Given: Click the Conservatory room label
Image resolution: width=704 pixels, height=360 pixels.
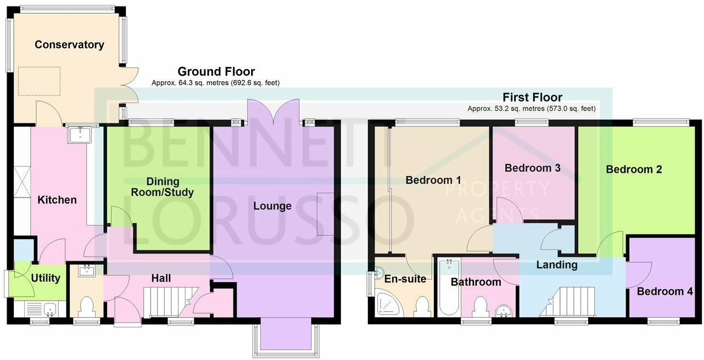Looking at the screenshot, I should (69, 45).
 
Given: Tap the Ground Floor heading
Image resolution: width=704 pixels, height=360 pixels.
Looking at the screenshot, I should (216, 71).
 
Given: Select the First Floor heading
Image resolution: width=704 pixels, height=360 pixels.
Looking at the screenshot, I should (532, 98).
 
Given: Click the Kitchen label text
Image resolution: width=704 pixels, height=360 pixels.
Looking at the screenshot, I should (57, 200).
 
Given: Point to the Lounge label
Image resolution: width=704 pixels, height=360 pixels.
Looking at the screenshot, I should (272, 206).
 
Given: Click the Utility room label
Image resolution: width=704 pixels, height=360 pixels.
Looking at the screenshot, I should (46, 278).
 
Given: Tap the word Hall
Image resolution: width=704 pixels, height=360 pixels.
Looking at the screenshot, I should (161, 279).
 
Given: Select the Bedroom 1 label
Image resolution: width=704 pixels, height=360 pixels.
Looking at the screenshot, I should (433, 180).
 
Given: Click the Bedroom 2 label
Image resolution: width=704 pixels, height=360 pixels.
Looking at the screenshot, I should (634, 170).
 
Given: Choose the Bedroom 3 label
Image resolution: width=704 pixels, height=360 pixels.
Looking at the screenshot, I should (532, 168).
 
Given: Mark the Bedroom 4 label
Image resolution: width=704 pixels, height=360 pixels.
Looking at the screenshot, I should (664, 291).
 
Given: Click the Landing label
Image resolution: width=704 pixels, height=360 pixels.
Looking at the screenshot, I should (556, 265).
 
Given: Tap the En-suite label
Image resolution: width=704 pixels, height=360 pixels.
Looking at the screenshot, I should (405, 279).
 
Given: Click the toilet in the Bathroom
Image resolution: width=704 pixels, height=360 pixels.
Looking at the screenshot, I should (480, 306).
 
